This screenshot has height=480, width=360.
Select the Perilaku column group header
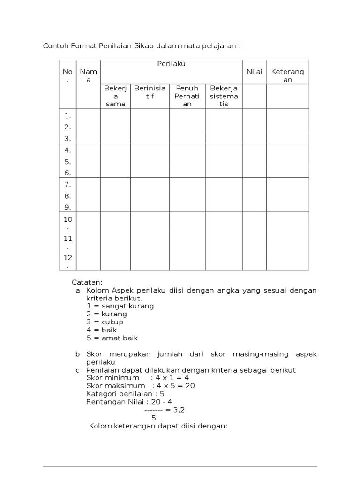[x=172, y=64]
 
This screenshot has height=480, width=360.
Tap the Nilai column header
[x=255, y=72]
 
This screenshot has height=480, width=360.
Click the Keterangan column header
[x=288, y=75]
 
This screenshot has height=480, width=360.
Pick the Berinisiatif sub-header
[x=150, y=92]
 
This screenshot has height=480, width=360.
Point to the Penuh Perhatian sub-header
[x=187, y=96]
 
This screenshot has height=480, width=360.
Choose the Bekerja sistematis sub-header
[x=224, y=96]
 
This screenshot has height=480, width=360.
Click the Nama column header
[x=88, y=75]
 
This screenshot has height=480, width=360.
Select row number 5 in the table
[x=67, y=161]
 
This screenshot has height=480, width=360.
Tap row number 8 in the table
[x=67, y=195]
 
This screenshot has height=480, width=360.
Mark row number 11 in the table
[x=67, y=239]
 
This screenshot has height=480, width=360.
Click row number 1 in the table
[x=67, y=115]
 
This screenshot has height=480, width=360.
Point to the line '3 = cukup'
[x=105, y=322]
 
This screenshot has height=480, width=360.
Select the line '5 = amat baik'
[x=112, y=338]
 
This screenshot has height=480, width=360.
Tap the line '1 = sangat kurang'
[x=120, y=306]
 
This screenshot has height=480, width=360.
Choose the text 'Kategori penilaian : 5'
[x=125, y=394]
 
